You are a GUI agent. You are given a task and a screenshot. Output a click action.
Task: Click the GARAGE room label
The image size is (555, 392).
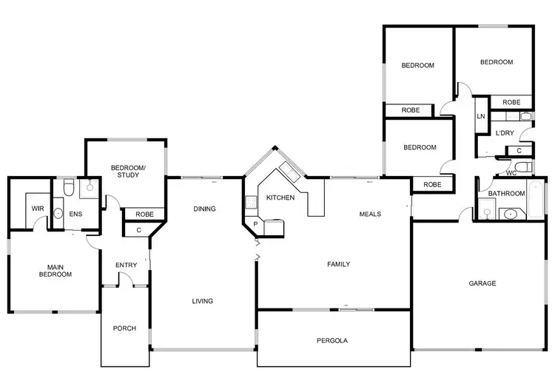(482, 283)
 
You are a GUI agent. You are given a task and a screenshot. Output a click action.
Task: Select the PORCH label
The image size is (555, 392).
(124, 328)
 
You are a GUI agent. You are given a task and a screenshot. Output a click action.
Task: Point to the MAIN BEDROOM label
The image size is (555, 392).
(54, 271)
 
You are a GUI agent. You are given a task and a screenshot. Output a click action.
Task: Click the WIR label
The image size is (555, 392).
(37, 209)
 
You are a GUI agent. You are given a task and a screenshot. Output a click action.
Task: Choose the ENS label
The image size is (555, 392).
(75, 214)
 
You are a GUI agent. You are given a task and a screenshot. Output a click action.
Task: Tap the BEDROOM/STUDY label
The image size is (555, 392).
(128, 172)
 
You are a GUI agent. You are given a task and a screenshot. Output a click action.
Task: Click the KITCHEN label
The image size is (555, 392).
(280, 197)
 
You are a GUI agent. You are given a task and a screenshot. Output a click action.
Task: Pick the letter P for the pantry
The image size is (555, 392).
(255, 223)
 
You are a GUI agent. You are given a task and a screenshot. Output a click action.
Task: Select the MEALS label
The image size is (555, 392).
(370, 214)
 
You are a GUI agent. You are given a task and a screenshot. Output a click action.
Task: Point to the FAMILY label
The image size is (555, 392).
(339, 264)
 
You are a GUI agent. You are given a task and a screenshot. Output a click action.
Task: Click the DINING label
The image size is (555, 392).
(204, 209)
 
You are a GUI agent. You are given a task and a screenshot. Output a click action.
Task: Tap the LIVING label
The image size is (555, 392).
(202, 301)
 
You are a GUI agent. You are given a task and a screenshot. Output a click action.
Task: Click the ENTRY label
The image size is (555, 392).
(126, 266)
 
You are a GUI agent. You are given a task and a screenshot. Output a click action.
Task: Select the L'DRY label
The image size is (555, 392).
(505, 133)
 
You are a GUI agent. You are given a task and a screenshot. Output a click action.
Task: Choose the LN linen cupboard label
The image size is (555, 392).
(481, 117)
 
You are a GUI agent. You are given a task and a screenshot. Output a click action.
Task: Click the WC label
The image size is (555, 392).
(511, 173)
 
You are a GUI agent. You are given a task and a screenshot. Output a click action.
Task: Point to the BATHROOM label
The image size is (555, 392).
(506, 194)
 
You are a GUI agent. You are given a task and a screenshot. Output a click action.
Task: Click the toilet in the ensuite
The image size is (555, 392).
(67, 189)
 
